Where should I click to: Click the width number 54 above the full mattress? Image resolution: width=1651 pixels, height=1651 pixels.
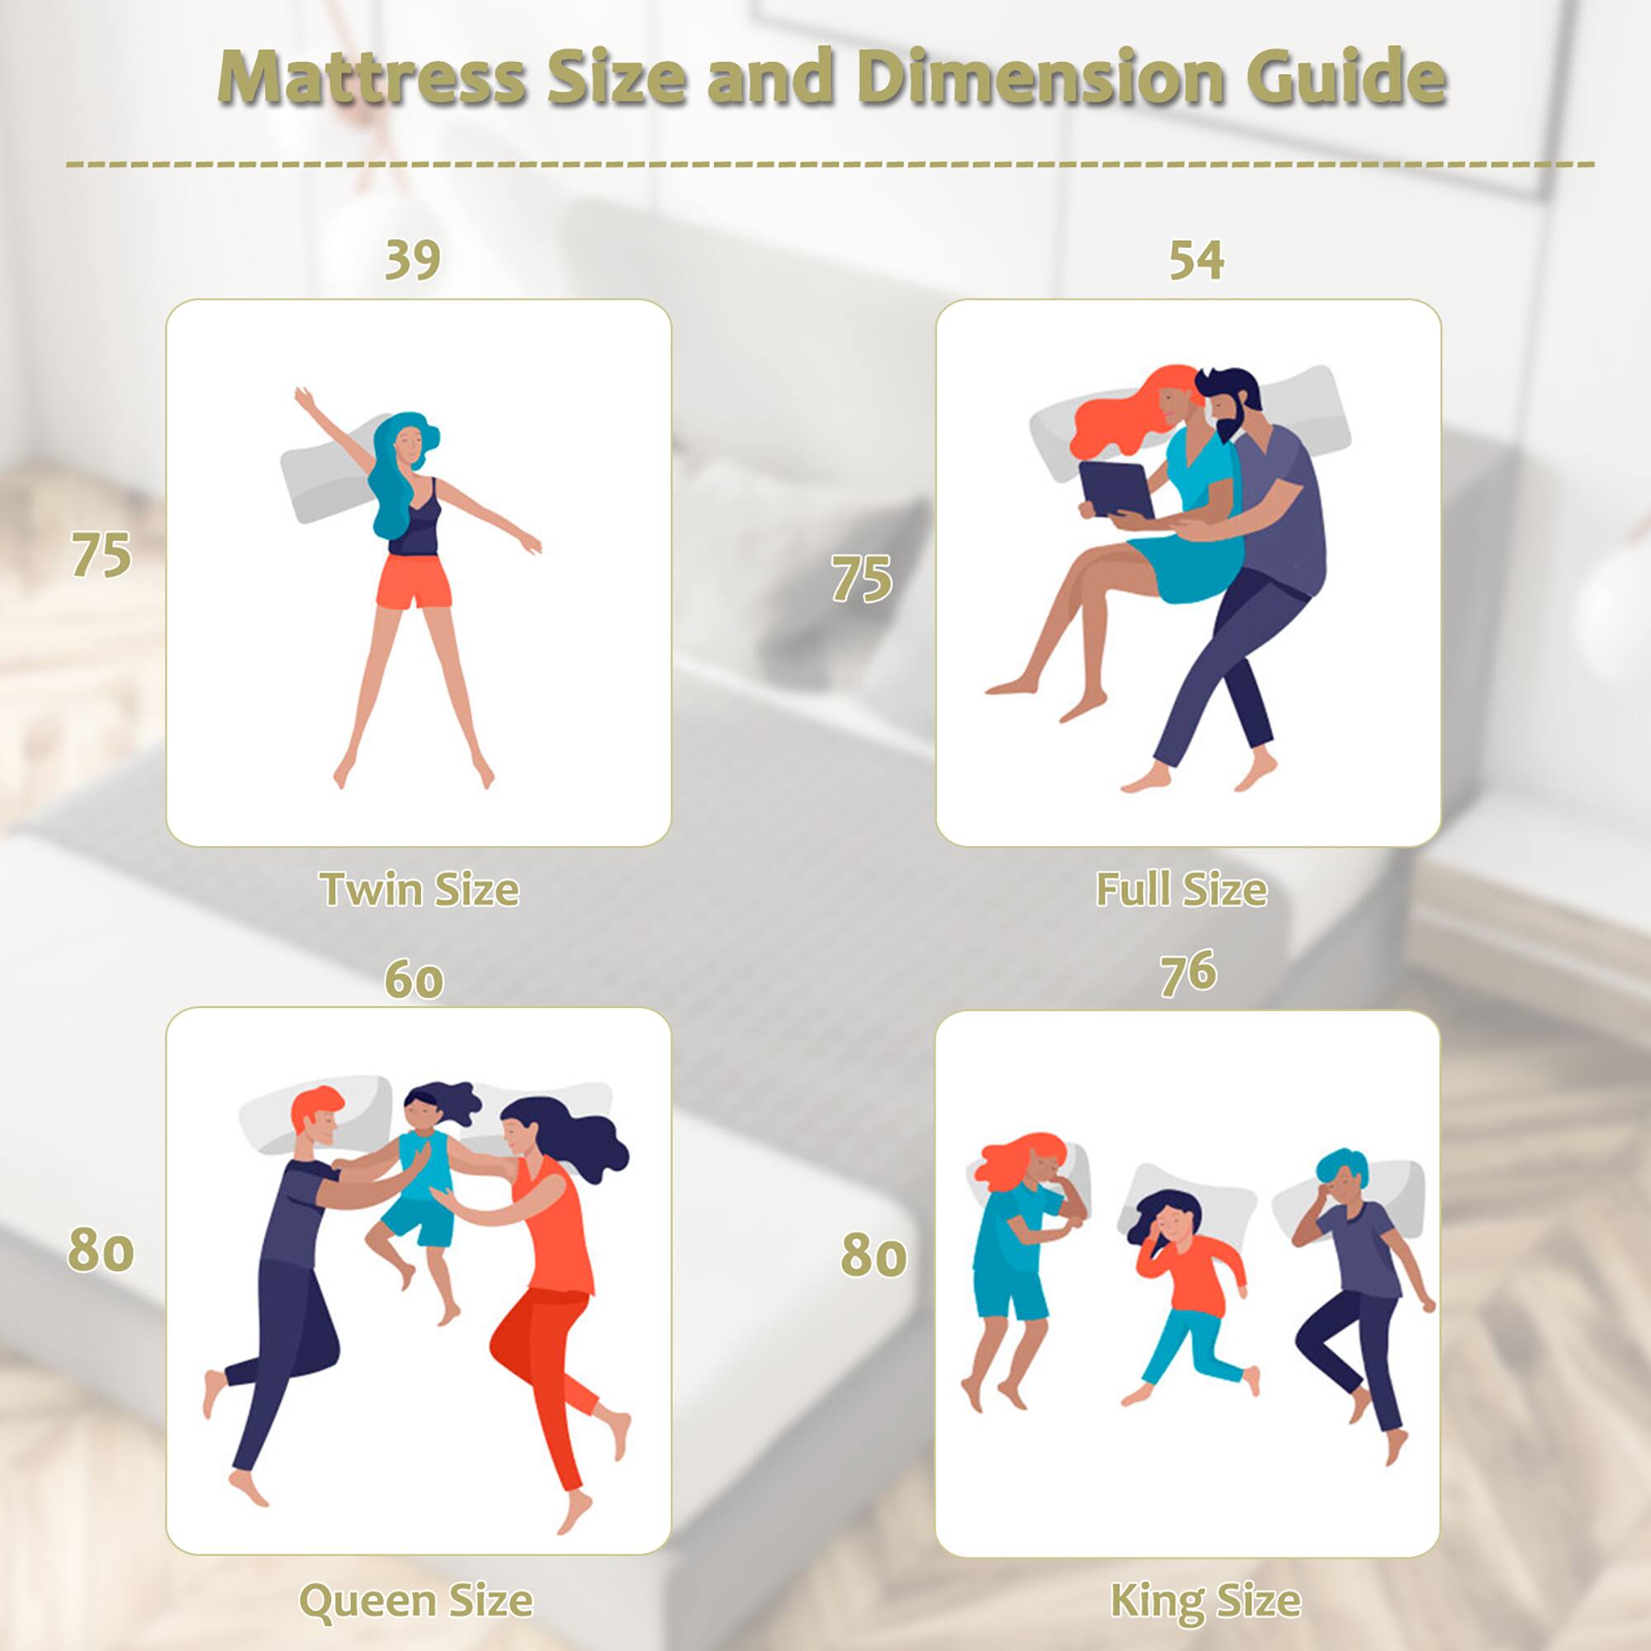[1196, 260]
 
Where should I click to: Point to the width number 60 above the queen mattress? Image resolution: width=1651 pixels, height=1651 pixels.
[414, 979]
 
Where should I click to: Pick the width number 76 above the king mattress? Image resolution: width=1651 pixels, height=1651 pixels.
[1188, 973]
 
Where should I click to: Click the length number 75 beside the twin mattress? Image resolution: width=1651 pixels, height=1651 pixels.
[101, 556]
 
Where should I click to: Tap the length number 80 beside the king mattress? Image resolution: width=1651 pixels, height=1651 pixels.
[873, 1256]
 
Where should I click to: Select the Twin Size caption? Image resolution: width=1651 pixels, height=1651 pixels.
[419, 890]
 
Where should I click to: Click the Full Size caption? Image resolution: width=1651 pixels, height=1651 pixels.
[1181, 890]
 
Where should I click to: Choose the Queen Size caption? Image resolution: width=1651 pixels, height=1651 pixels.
[416, 1600]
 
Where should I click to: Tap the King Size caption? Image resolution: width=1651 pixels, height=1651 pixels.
[1205, 1600]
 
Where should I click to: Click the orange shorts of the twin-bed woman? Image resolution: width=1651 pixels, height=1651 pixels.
[414, 581]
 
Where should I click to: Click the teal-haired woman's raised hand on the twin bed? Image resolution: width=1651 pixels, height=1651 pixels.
[300, 396]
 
